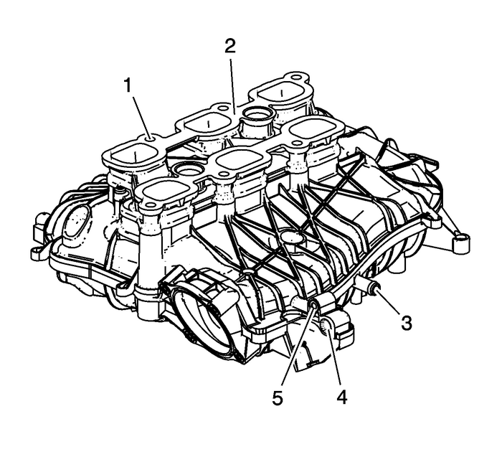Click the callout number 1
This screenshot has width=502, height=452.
[x=127, y=86]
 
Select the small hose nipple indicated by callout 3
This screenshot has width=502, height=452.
[x=375, y=289]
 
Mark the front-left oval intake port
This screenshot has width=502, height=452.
[x=166, y=192]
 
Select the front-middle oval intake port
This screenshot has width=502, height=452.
[x=241, y=160]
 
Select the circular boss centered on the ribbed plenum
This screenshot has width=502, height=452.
[x=290, y=236]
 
